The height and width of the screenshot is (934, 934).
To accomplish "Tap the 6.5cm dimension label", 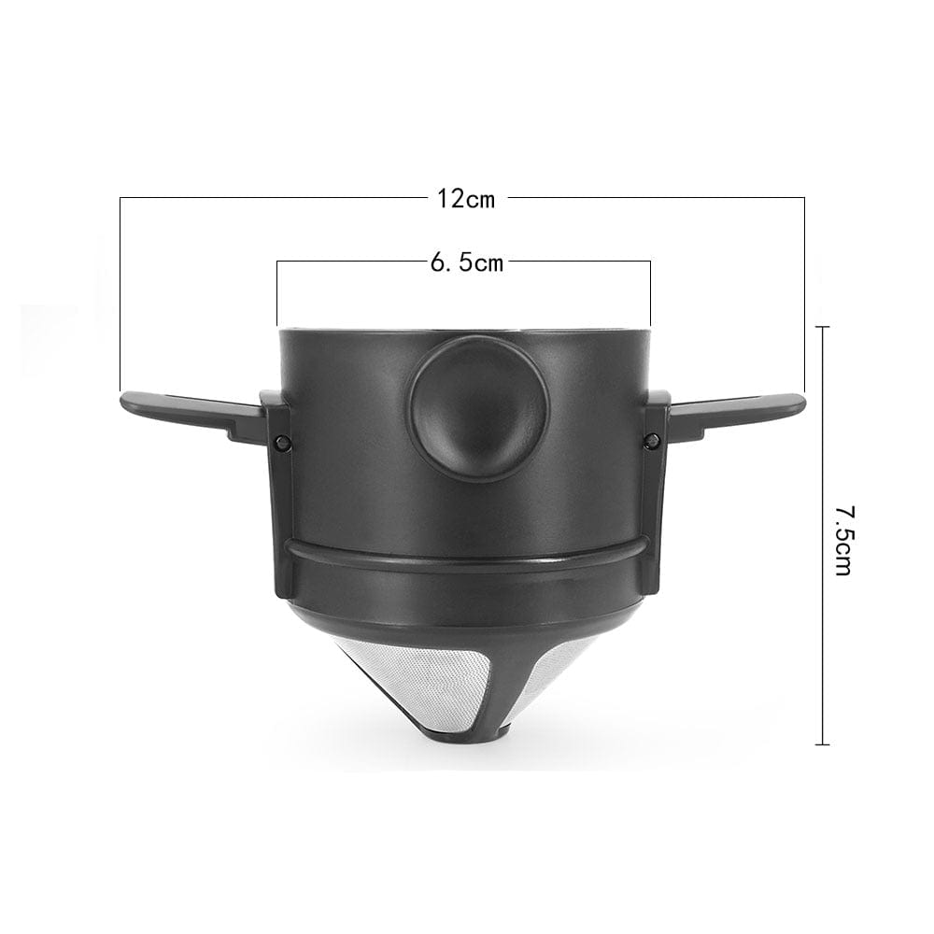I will tap(466, 263).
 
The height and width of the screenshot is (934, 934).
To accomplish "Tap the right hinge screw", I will tap(651, 440).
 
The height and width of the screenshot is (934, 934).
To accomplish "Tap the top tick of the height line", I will tap(822, 327).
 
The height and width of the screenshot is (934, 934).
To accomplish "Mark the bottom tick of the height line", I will tap(822, 744).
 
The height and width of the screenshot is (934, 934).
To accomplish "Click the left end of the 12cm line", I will tap(120, 388).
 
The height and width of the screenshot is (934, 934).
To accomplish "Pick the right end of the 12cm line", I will tap(804, 388).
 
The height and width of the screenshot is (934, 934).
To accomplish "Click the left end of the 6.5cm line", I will tap(278, 322).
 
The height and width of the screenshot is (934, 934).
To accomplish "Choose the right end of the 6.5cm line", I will tap(650, 322).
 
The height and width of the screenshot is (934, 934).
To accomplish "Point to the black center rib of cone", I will tap(467, 691).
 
